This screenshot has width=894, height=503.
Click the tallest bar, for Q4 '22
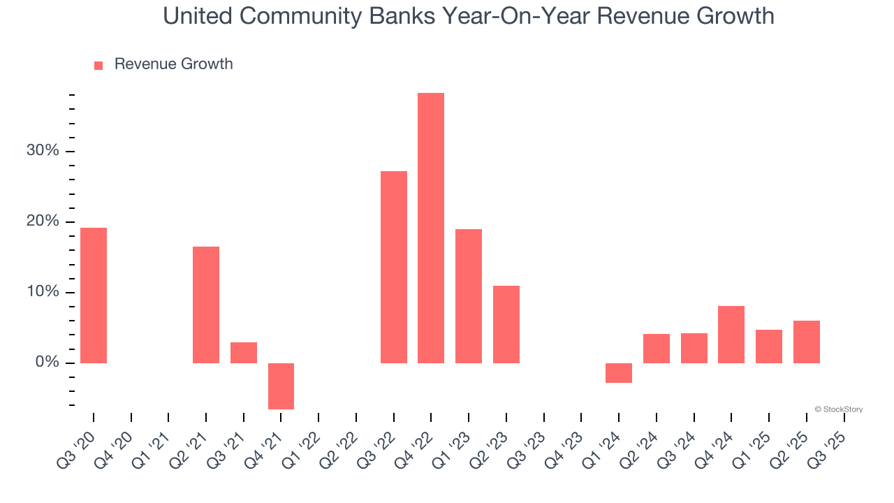tap(431, 228)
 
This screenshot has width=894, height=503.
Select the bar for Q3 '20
tap(94, 295)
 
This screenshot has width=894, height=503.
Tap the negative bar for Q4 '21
tap(281, 386)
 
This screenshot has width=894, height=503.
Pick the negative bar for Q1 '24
tap(619, 373)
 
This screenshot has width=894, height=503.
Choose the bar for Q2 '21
tap(206, 305)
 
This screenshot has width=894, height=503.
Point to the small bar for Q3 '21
tap(244, 352)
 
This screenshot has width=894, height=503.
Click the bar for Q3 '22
tap(394, 267)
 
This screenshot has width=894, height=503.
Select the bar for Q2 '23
tap(506, 324)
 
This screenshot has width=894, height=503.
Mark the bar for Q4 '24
tap(731, 334)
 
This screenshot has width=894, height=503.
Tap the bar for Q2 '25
tap(807, 342)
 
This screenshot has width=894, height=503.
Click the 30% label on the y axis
tap(43, 152)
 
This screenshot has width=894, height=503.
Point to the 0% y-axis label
tap(47, 363)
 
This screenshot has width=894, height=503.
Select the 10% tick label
tap(43, 292)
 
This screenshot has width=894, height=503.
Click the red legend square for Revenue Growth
tap(98, 65)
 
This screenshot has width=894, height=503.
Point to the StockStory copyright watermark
tap(838, 409)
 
